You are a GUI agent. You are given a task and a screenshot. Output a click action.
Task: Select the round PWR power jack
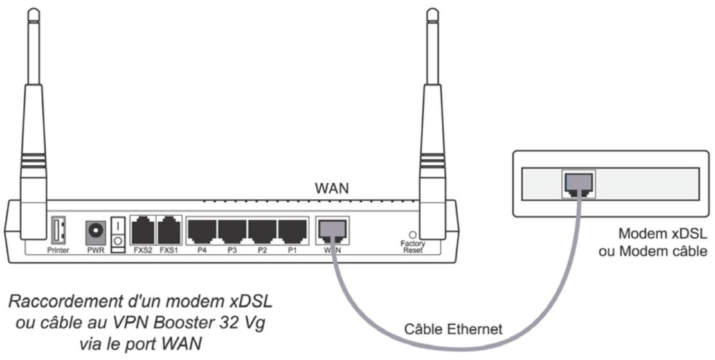tap(95, 230)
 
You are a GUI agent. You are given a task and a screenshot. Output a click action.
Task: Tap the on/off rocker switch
tap(118, 233)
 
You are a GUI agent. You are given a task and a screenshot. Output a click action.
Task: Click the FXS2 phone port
tap(142, 230)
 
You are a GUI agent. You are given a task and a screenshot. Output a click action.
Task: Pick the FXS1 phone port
tap(169, 230)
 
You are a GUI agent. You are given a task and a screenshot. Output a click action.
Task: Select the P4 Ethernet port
tap(201, 230)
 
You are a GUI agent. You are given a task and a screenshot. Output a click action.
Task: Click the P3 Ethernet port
tap(232, 230)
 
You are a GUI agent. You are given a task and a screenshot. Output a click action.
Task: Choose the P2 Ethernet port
tap(262, 230)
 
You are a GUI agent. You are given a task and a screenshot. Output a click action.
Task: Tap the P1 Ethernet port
tap(292, 230)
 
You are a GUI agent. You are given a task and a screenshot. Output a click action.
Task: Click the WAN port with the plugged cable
tap(332, 230)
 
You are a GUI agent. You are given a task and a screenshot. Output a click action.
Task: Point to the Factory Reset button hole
tap(413, 235)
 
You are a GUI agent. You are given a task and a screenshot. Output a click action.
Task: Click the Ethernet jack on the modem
tap(578, 184)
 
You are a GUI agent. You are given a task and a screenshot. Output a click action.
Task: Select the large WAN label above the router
tap(332, 188)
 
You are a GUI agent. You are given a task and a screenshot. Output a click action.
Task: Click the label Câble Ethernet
tap(453, 330)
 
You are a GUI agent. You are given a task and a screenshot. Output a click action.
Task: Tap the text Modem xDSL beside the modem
tap(651, 234)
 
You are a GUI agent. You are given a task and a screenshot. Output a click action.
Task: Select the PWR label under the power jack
tap(95, 250)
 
